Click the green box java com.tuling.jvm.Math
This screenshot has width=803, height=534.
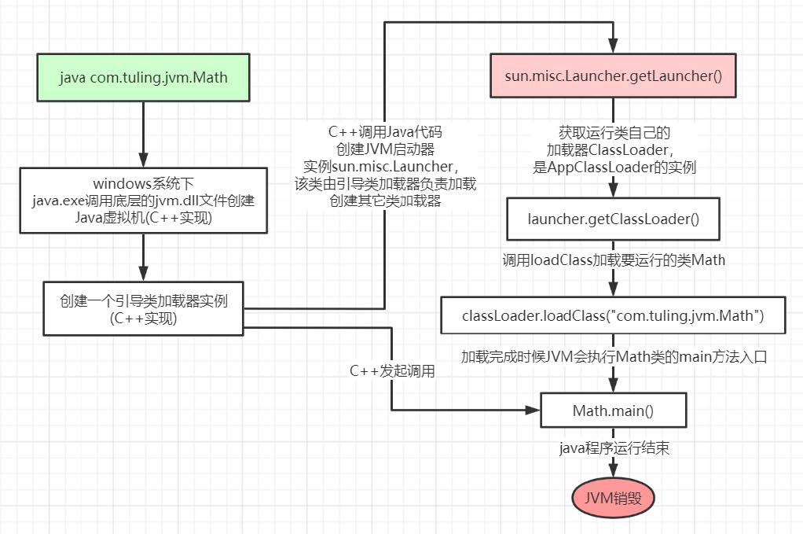coord(144,78)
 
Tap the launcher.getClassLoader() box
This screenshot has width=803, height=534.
coord(613,219)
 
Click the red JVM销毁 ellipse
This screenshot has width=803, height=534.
coord(614,498)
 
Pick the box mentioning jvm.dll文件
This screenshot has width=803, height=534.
coord(144,201)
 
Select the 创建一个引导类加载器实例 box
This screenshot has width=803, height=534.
coord(144,309)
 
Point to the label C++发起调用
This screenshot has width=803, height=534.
coord(392,371)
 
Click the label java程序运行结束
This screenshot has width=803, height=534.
coord(614,448)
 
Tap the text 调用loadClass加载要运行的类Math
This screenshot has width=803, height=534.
coord(614,260)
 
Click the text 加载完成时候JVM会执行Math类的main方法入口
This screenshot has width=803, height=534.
coord(614,356)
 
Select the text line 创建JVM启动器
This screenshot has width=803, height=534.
coord(391,148)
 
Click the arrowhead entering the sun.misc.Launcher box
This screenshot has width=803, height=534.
coord(614,46)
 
